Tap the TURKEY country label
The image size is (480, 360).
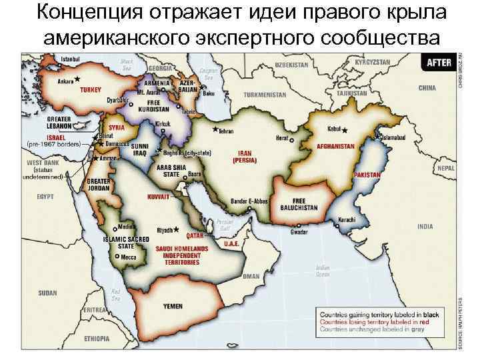[x=91, y=89]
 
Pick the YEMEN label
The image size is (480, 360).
[x=173, y=307]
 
